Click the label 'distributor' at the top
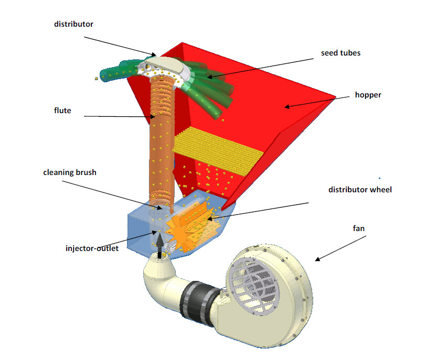(74, 24)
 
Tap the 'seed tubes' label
(340, 53)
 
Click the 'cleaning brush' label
(70, 172)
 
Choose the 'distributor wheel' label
(360, 189)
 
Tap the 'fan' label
(358, 228)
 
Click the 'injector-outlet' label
(92, 248)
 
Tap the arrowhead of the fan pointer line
(316, 259)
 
